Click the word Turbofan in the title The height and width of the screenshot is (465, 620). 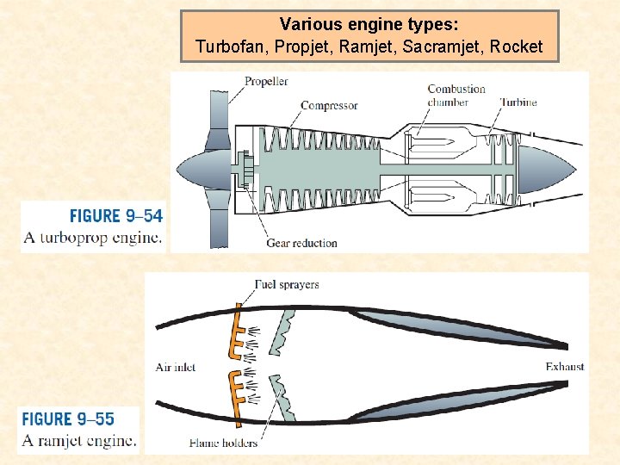coord(226,46)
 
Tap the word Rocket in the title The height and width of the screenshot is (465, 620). coord(517,46)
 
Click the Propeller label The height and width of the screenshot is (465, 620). coord(266,82)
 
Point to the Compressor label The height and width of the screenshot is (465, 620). coord(329,106)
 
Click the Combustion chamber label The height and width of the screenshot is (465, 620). coord(456,96)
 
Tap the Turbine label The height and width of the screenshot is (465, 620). coord(519,102)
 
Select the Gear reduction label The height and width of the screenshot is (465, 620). coord(301,243)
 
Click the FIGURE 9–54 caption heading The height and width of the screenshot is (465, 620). coord(115,216)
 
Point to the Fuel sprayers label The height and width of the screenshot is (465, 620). coord(287,285)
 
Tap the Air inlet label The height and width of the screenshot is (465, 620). coord(176,367)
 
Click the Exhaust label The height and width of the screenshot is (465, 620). coord(564,367)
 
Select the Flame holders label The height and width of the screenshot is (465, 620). coord(223,443)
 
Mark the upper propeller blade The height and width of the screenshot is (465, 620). coord(216,112)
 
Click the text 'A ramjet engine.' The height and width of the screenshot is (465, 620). coord(79,441)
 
